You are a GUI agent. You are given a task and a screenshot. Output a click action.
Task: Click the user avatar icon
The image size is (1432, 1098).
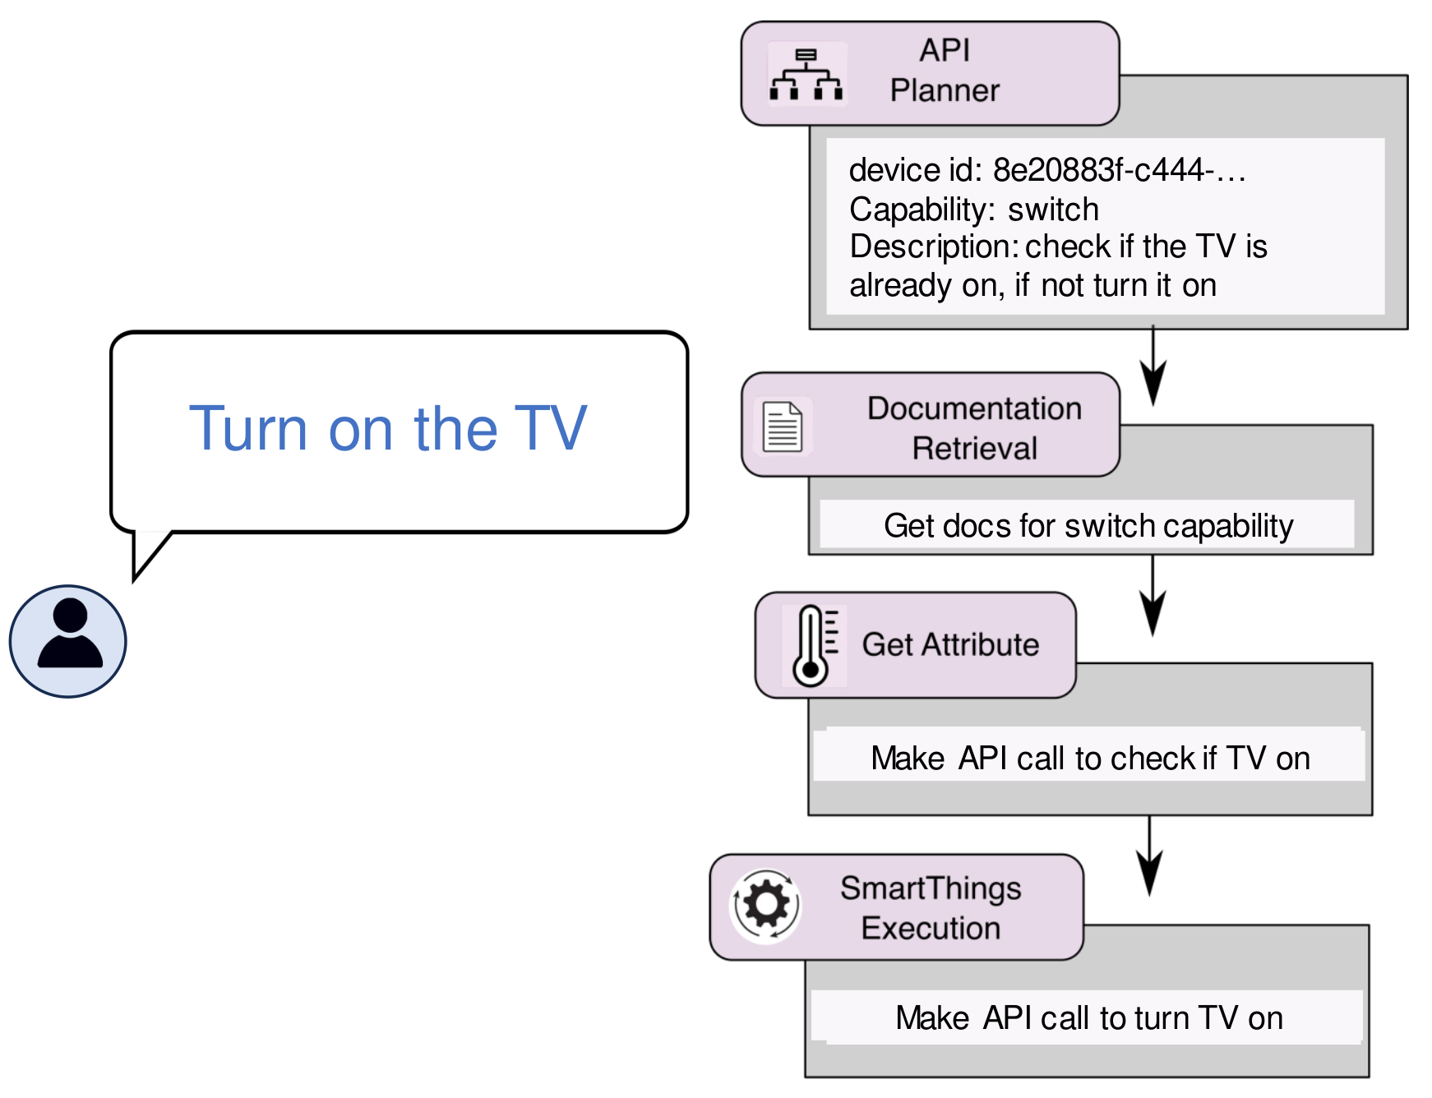(x=68, y=641)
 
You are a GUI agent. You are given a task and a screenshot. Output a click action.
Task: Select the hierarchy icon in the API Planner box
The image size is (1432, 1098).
(x=806, y=75)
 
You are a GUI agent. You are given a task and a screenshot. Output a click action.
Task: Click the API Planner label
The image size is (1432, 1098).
(x=945, y=71)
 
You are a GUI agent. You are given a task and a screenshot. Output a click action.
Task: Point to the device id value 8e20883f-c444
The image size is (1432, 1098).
(x=1118, y=170)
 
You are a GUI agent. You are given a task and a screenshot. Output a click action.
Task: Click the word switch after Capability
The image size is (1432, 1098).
(x=1053, y=210)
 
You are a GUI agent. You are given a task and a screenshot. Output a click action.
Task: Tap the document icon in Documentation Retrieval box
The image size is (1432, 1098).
(x=782, y=427)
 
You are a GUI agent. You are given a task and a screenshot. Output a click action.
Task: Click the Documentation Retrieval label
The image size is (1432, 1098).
(x=974, y=428)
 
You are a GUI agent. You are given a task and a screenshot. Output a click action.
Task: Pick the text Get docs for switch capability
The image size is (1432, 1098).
(x=1088, y=526)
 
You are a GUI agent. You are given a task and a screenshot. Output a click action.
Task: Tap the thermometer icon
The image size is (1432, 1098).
(x=813, y=646)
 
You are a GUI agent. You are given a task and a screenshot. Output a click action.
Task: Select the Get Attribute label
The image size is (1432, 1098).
(x=950, y=644)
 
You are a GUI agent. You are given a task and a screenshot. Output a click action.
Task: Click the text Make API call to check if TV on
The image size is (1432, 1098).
(x=1090, y=758)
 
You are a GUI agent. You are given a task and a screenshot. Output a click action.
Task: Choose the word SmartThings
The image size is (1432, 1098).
(x=931, y=888)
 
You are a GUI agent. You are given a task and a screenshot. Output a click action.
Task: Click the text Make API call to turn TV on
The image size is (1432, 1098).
(x=1088, y=1018)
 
